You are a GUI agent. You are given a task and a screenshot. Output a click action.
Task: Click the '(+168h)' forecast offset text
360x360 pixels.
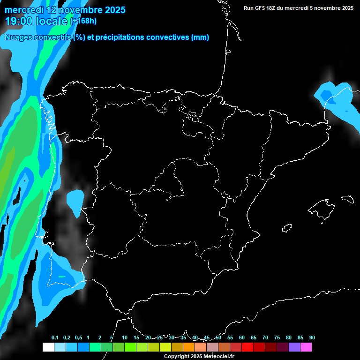83,21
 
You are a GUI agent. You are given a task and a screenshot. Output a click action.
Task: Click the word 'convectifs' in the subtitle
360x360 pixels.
51,37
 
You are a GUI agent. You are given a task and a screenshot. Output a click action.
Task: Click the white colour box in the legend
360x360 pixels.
48,347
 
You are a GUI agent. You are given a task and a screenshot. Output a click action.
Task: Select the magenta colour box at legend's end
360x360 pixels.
306,347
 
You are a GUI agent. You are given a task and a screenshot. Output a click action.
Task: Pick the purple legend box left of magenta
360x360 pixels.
294,347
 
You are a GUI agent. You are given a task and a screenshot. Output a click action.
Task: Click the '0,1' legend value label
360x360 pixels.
55,338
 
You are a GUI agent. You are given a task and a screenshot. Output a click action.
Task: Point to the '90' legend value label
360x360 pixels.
312,338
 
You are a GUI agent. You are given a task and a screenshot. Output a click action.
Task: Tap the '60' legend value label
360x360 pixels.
241,338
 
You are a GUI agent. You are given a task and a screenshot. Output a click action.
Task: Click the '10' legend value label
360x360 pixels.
125,338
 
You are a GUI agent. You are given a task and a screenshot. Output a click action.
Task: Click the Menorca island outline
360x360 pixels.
348,199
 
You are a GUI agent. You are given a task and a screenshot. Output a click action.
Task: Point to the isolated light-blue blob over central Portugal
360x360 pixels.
75,202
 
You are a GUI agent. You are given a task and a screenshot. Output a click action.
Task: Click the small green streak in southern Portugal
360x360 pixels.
62,277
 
